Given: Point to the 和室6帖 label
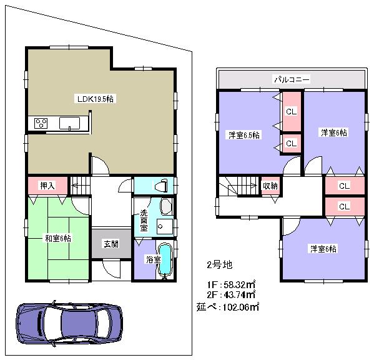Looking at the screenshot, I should coord(57,238).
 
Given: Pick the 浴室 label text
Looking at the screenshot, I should coord(152,259).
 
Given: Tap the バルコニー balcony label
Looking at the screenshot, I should coord(292,80).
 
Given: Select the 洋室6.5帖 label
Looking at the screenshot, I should coord(243,135).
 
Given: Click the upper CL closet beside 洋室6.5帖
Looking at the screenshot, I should coord(290,112).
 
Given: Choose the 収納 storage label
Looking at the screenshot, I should coord(270,186).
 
